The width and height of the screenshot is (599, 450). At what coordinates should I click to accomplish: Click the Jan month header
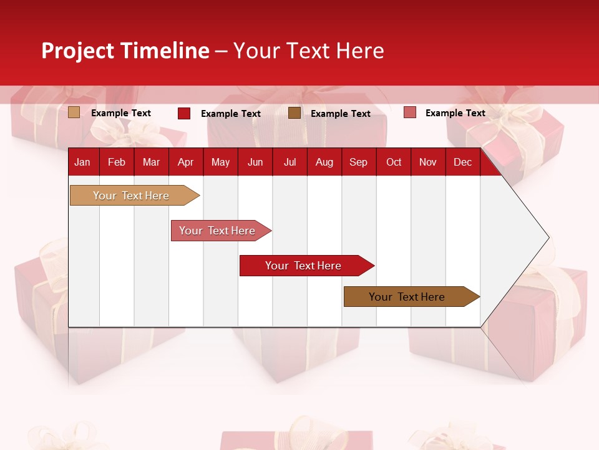pyautogui.click(x=82, y=162)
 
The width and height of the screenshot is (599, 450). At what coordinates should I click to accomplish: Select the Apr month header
pyautogui.click(x=185, y=162)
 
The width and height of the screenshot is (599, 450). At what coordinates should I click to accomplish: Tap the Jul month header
pyautogui.click(x=290, y=162)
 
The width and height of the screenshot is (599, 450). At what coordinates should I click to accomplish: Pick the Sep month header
pyautogui.click(x=358, y=162)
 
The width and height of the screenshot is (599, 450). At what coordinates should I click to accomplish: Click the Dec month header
pyautogui.click(x=462, y=162)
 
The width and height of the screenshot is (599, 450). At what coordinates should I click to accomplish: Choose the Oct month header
pyautogui.click(x=394, y=162)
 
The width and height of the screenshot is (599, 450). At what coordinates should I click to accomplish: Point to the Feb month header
pyautogui.click(x=117, y=162)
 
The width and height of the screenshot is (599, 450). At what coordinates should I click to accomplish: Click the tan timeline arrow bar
pyautogui.click(x=131, y=196)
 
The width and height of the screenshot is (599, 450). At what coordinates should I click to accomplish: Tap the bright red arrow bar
pyautogui.click(x=303, y=266)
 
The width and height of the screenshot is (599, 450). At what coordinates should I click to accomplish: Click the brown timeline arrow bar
pyautogui.click(x=407, y=297)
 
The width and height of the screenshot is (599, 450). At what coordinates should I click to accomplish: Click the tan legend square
pyautogui.click(x=74, y=112)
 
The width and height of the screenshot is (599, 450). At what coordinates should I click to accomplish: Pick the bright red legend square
pyautogui.click(x=184, y=113)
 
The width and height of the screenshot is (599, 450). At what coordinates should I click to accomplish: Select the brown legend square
pyautogui.click(x=295, y=113)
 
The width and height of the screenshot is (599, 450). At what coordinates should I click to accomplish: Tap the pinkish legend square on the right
pyautogui.click(x=410, y=112)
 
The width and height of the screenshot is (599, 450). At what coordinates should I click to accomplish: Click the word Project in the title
pyautogui.click(x=77, y=51)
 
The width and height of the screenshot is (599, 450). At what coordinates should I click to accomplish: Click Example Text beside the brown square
pyautogui.click(x=341, y=114)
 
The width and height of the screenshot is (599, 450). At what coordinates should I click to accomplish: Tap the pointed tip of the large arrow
pyautogui.click(x=548, y=237)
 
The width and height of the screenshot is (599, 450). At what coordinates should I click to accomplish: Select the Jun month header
pyautogui.click(x=255, y=162)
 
